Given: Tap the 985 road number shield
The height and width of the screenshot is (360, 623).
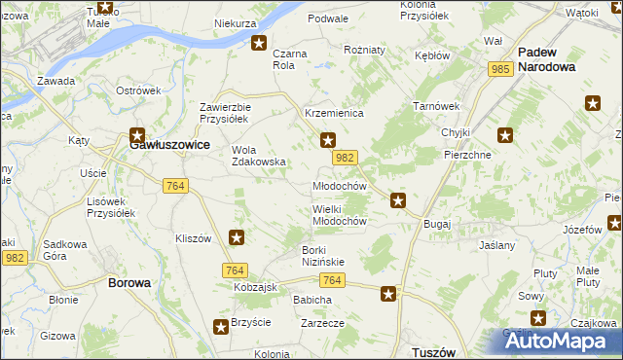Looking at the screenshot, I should [501, 69].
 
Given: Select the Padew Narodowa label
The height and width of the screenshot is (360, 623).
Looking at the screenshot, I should [546, 60].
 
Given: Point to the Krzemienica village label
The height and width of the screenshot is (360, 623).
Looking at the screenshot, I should [334, 114].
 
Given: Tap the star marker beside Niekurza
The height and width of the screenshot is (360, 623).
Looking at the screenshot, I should [259, 43].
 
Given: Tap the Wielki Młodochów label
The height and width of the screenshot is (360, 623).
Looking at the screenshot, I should [338, 215].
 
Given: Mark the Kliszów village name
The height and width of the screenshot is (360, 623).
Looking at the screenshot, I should [193, 238].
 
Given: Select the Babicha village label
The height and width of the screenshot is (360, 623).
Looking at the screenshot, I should [312, 300].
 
